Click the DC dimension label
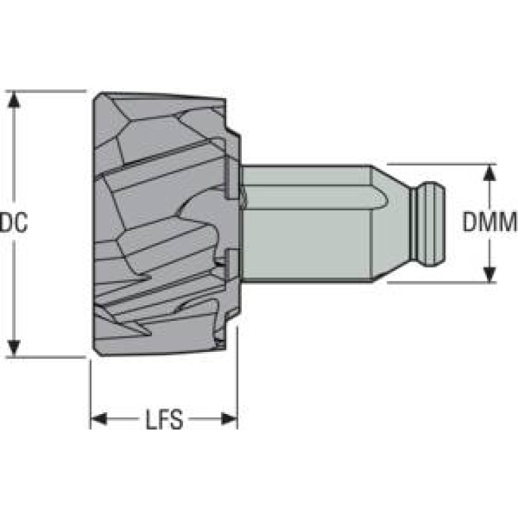pos(14,222)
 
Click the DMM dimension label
pos(490,222)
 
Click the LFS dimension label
pos(164,420)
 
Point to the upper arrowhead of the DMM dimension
pos(490,172)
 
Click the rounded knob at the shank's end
pos(430,224)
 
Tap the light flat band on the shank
pos(311,198)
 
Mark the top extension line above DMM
pos(439,164)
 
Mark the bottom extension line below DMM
pos(439,282)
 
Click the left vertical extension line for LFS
pos(90,392)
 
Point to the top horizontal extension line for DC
pos(47,91)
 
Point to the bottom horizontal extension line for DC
pos(47,357)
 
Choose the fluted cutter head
pos(162,223)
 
